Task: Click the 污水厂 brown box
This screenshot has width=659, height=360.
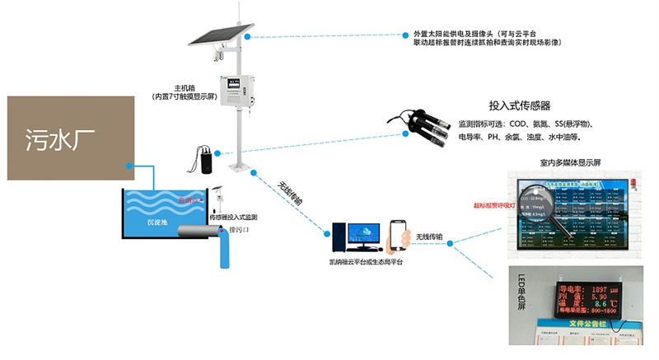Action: [70, 137]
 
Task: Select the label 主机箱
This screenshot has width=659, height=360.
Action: [185, 87]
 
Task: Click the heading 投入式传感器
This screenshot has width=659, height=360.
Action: [519, 106]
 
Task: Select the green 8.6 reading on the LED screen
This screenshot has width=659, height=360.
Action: [605, 303]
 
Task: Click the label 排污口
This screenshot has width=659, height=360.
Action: [238, 228]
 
